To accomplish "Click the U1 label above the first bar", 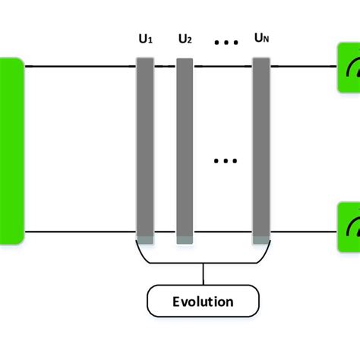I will click(145, 39).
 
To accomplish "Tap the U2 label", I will click(185, 39).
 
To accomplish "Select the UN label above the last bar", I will click(261, 39).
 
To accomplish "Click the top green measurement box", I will click(349, 68).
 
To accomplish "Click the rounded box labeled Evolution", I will click(202, 302).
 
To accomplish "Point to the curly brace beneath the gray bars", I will click(202, 254).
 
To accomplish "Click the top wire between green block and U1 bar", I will click(80, 66).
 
